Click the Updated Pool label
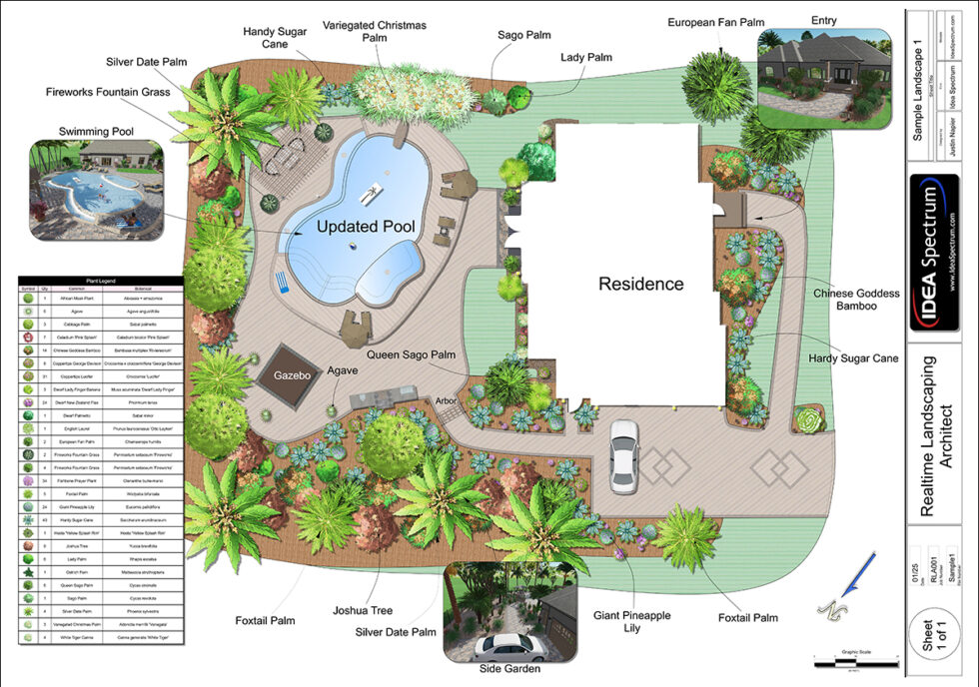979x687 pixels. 366,227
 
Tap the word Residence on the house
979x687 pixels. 640,284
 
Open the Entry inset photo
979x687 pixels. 824,77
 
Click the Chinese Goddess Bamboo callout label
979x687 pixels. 856,300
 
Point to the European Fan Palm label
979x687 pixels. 714,21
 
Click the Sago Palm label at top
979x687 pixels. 524,35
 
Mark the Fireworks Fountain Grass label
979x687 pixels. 108,92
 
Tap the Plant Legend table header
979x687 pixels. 100,283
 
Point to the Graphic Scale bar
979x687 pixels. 849,660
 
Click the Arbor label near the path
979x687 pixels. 446,401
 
